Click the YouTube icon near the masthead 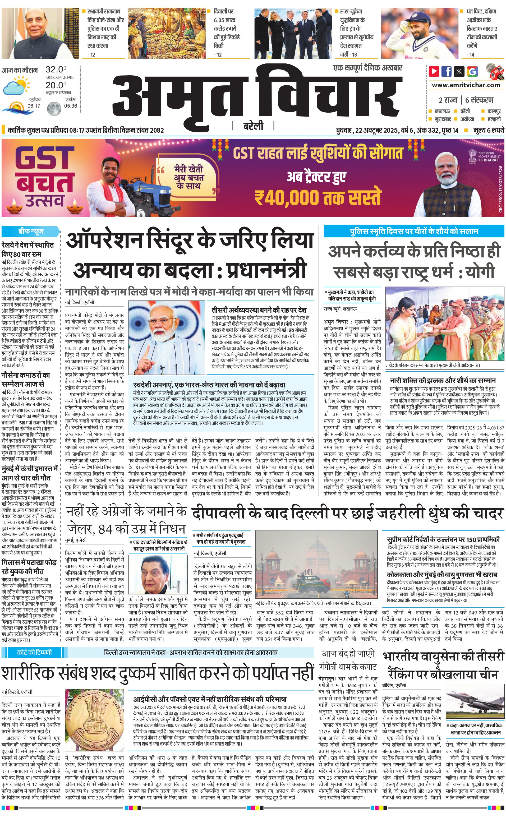point(434,71)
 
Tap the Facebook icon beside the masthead point(447,71)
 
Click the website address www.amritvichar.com point(466,85)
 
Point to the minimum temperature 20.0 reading point(56,85)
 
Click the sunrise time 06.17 point(34,106)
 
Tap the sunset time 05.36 point(71,106)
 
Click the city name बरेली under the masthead point(253,126)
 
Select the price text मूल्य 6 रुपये point(489,130)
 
